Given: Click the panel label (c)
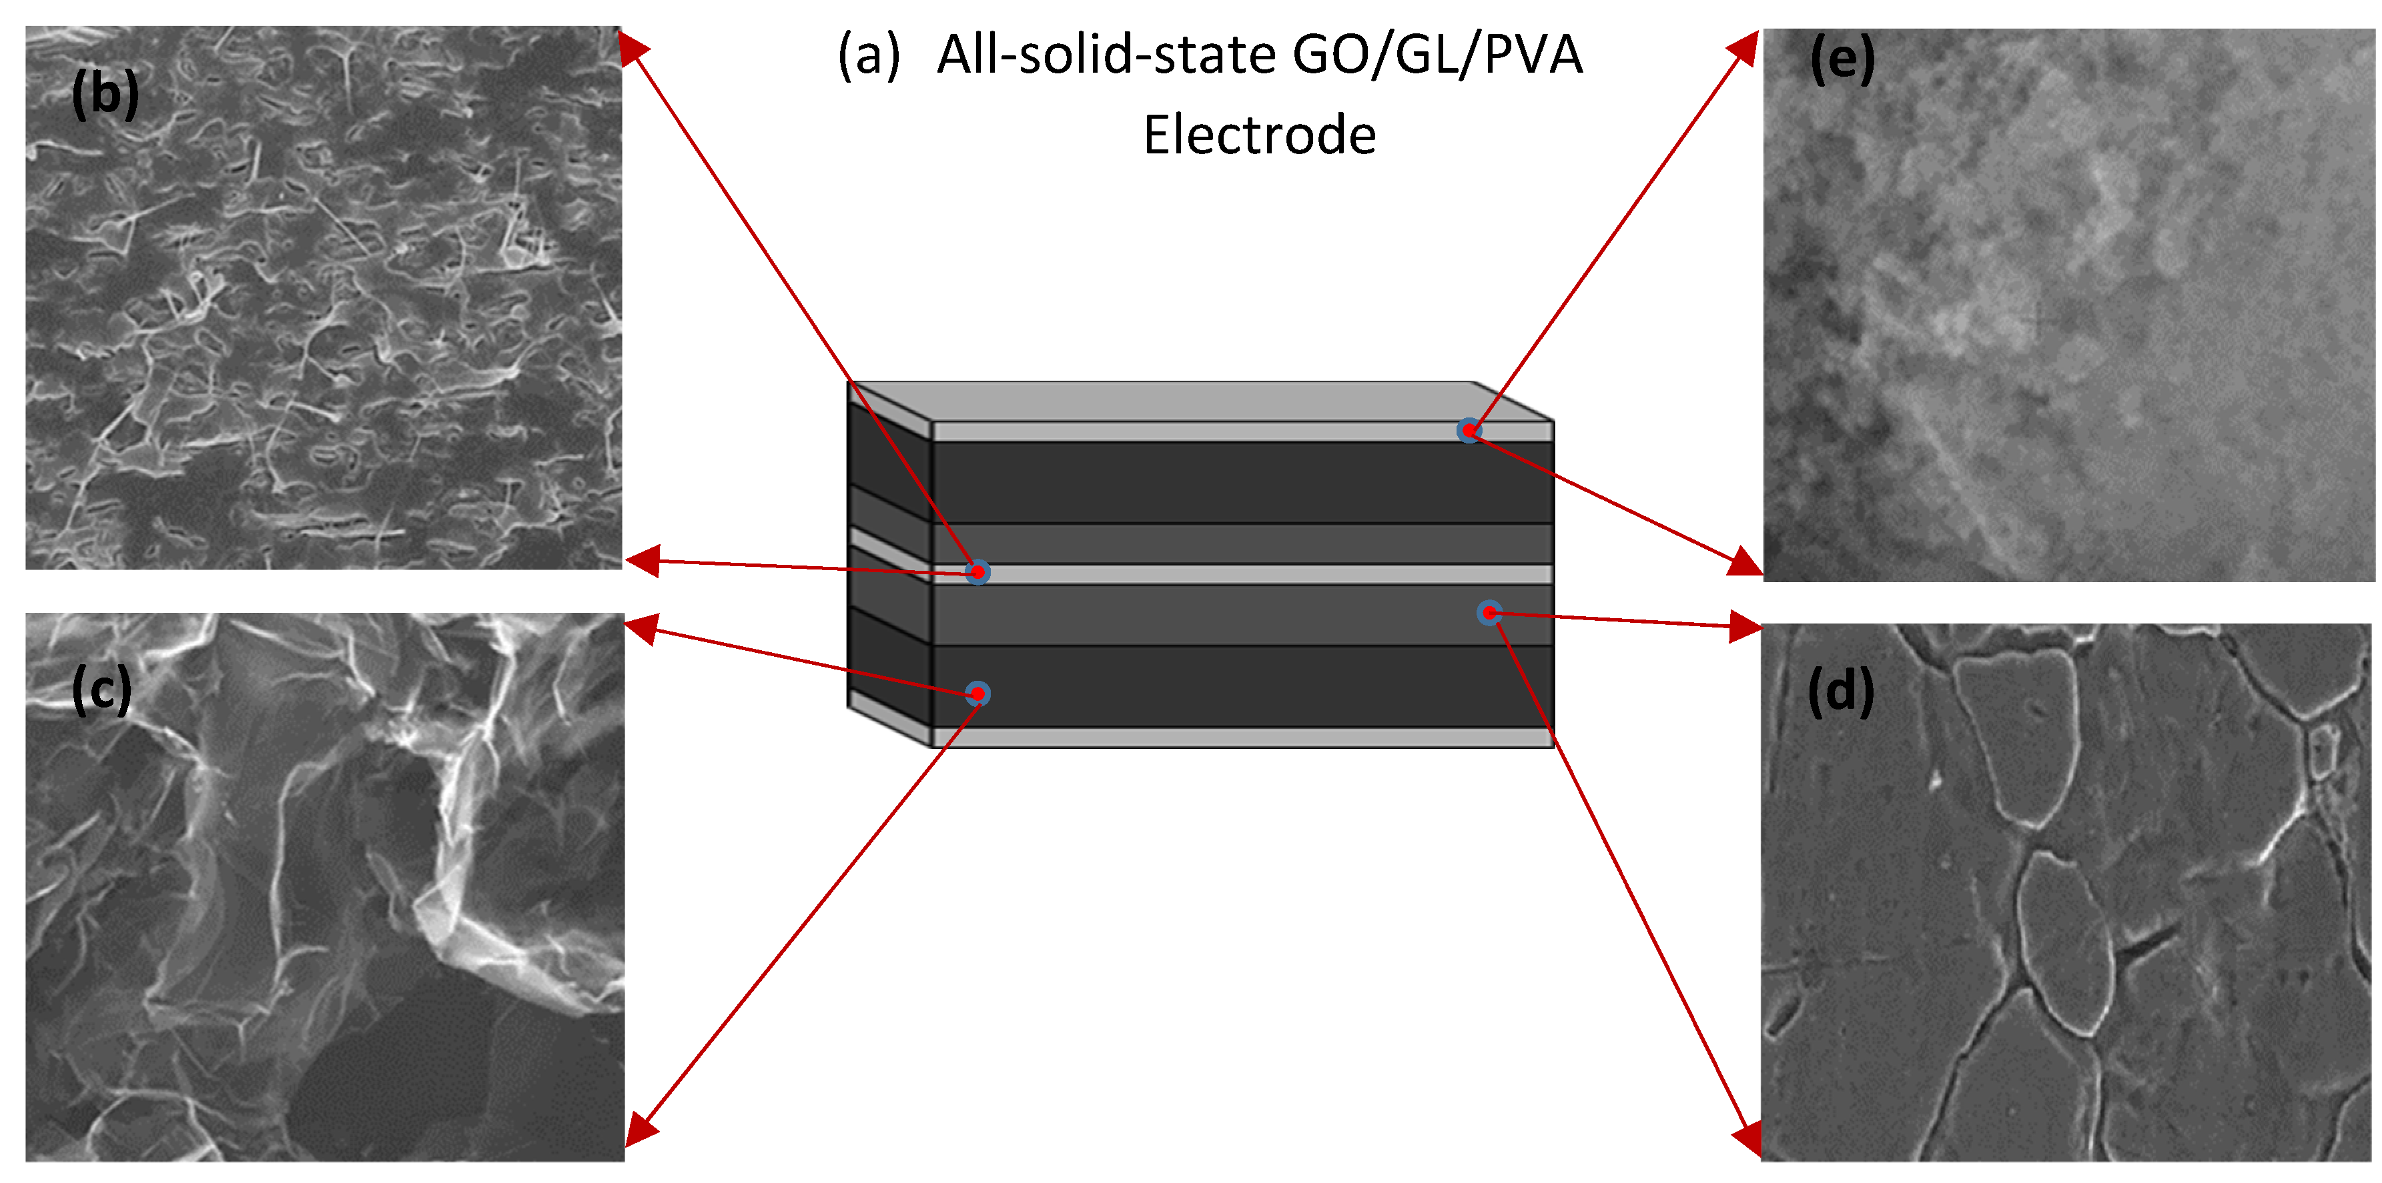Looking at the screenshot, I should tap(101, 690).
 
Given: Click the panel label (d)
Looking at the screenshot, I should tap(1840, 692).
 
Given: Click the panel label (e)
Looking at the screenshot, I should tap(1842, 60).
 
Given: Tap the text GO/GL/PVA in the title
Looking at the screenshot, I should tap(1437, 55).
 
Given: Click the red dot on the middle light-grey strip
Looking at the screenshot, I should tap(977, 572).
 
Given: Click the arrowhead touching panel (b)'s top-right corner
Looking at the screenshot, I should tap(633, 46).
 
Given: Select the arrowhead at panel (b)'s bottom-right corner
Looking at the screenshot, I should tap(642, 560).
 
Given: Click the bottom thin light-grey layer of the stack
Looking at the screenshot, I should tap(1239, 738).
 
